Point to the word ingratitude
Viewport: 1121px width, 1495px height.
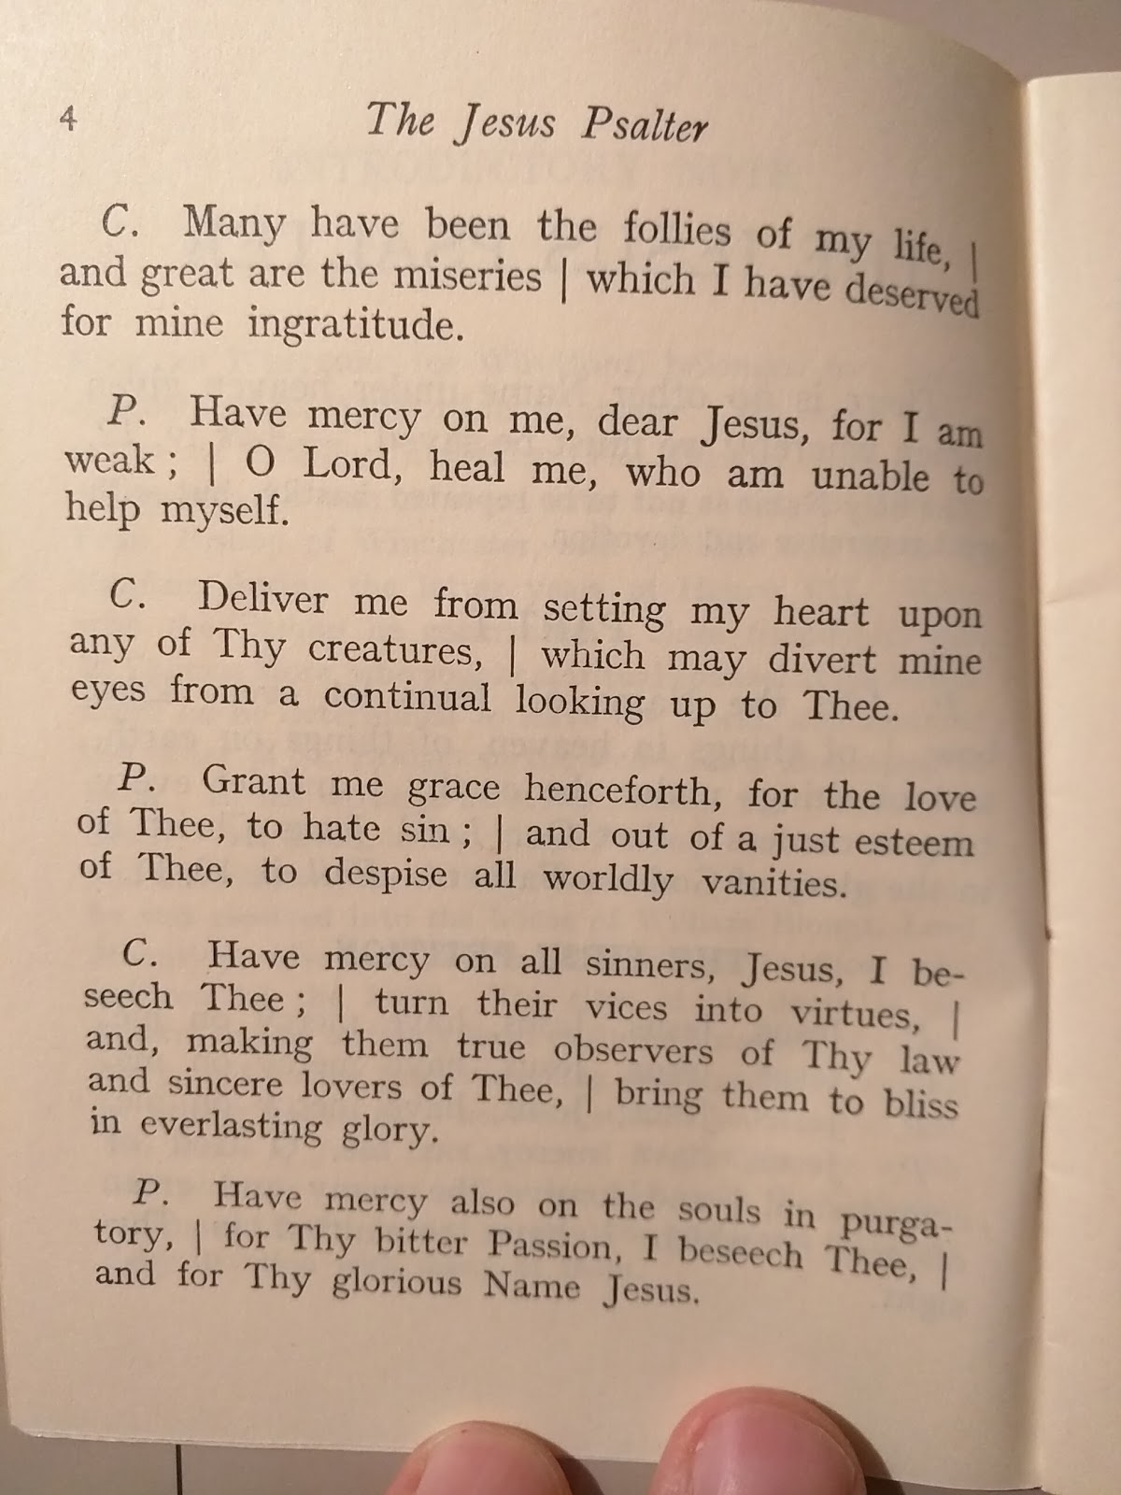click(355, 326)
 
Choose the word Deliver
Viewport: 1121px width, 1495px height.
click(263, 598)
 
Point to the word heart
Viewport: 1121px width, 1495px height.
click(820, 613)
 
